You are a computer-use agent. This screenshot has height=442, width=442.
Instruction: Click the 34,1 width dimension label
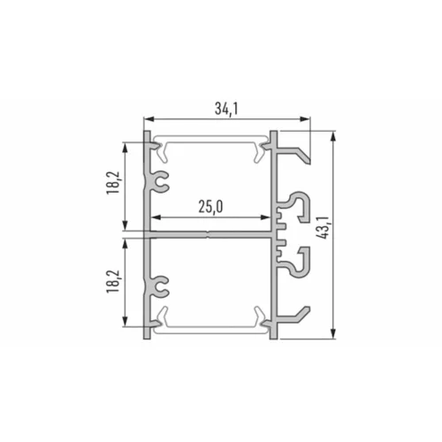(x=226, y=109)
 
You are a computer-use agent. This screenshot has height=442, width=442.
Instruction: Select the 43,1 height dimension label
(x=323, y=227)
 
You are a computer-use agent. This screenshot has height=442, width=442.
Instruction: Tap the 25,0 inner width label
(x=210, y=207)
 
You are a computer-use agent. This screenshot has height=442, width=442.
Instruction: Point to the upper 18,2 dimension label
(x=114, y=182)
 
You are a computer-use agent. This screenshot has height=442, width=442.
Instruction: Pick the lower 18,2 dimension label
(x=114, y=281)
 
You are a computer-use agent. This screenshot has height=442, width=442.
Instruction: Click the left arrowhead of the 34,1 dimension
(x=149, y=119)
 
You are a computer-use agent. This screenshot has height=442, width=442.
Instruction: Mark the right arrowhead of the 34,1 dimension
(x=305, y=119)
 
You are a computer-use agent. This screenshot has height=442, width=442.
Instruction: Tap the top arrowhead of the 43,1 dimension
(x=333, y=138)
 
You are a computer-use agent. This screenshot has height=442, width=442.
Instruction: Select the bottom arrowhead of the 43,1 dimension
(x=333, y=333)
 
